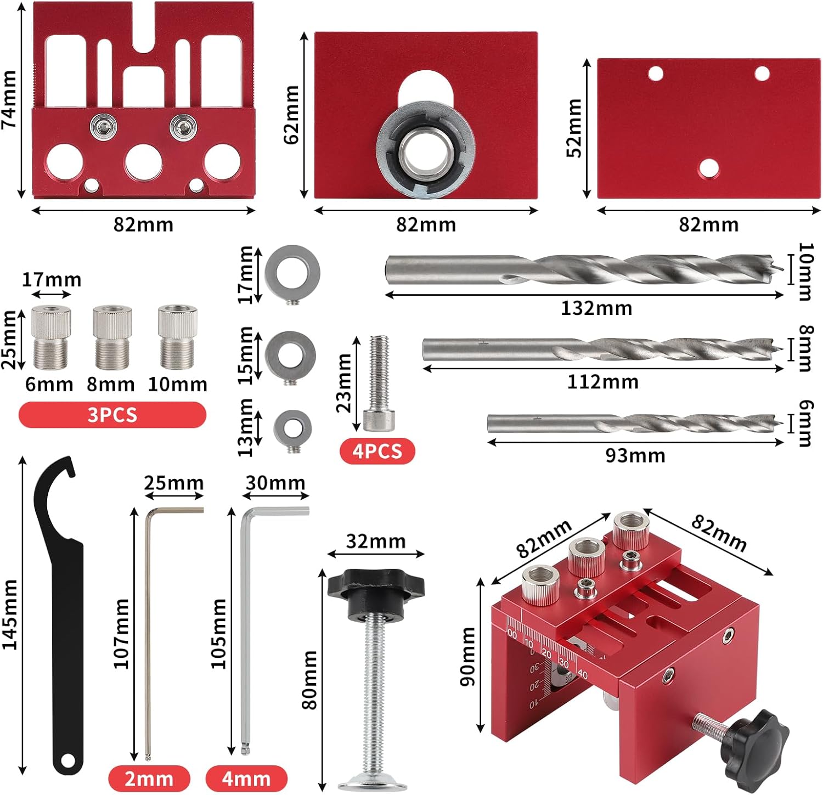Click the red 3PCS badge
pyautogui.click(x=112, y=415)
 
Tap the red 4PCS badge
pyautogui.click(x=377, y=451)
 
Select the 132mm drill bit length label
pyautogui.click(x=596, y=308)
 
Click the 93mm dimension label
pyautogui.click(x=635, y=455)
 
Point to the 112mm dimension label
pyautogui.click(x=603, y=382)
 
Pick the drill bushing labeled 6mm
pyautogui.click(x=51, y=337)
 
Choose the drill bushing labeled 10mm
pyautogui.click(x=177, y=337)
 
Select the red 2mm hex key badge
pyautogui.click(x=149, y=779)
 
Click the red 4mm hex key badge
pyautogui.click(x=246, y=779)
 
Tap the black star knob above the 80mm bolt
pyautogui.click(x=376, y=585)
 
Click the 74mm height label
pyautogui.click(x=9, y=100)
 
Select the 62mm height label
pyautogui.click(x=292, y=115)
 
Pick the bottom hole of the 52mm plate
pyautogui.click(x=708, y=169)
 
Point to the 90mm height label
pyautogui.click(x=468, y=657)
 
